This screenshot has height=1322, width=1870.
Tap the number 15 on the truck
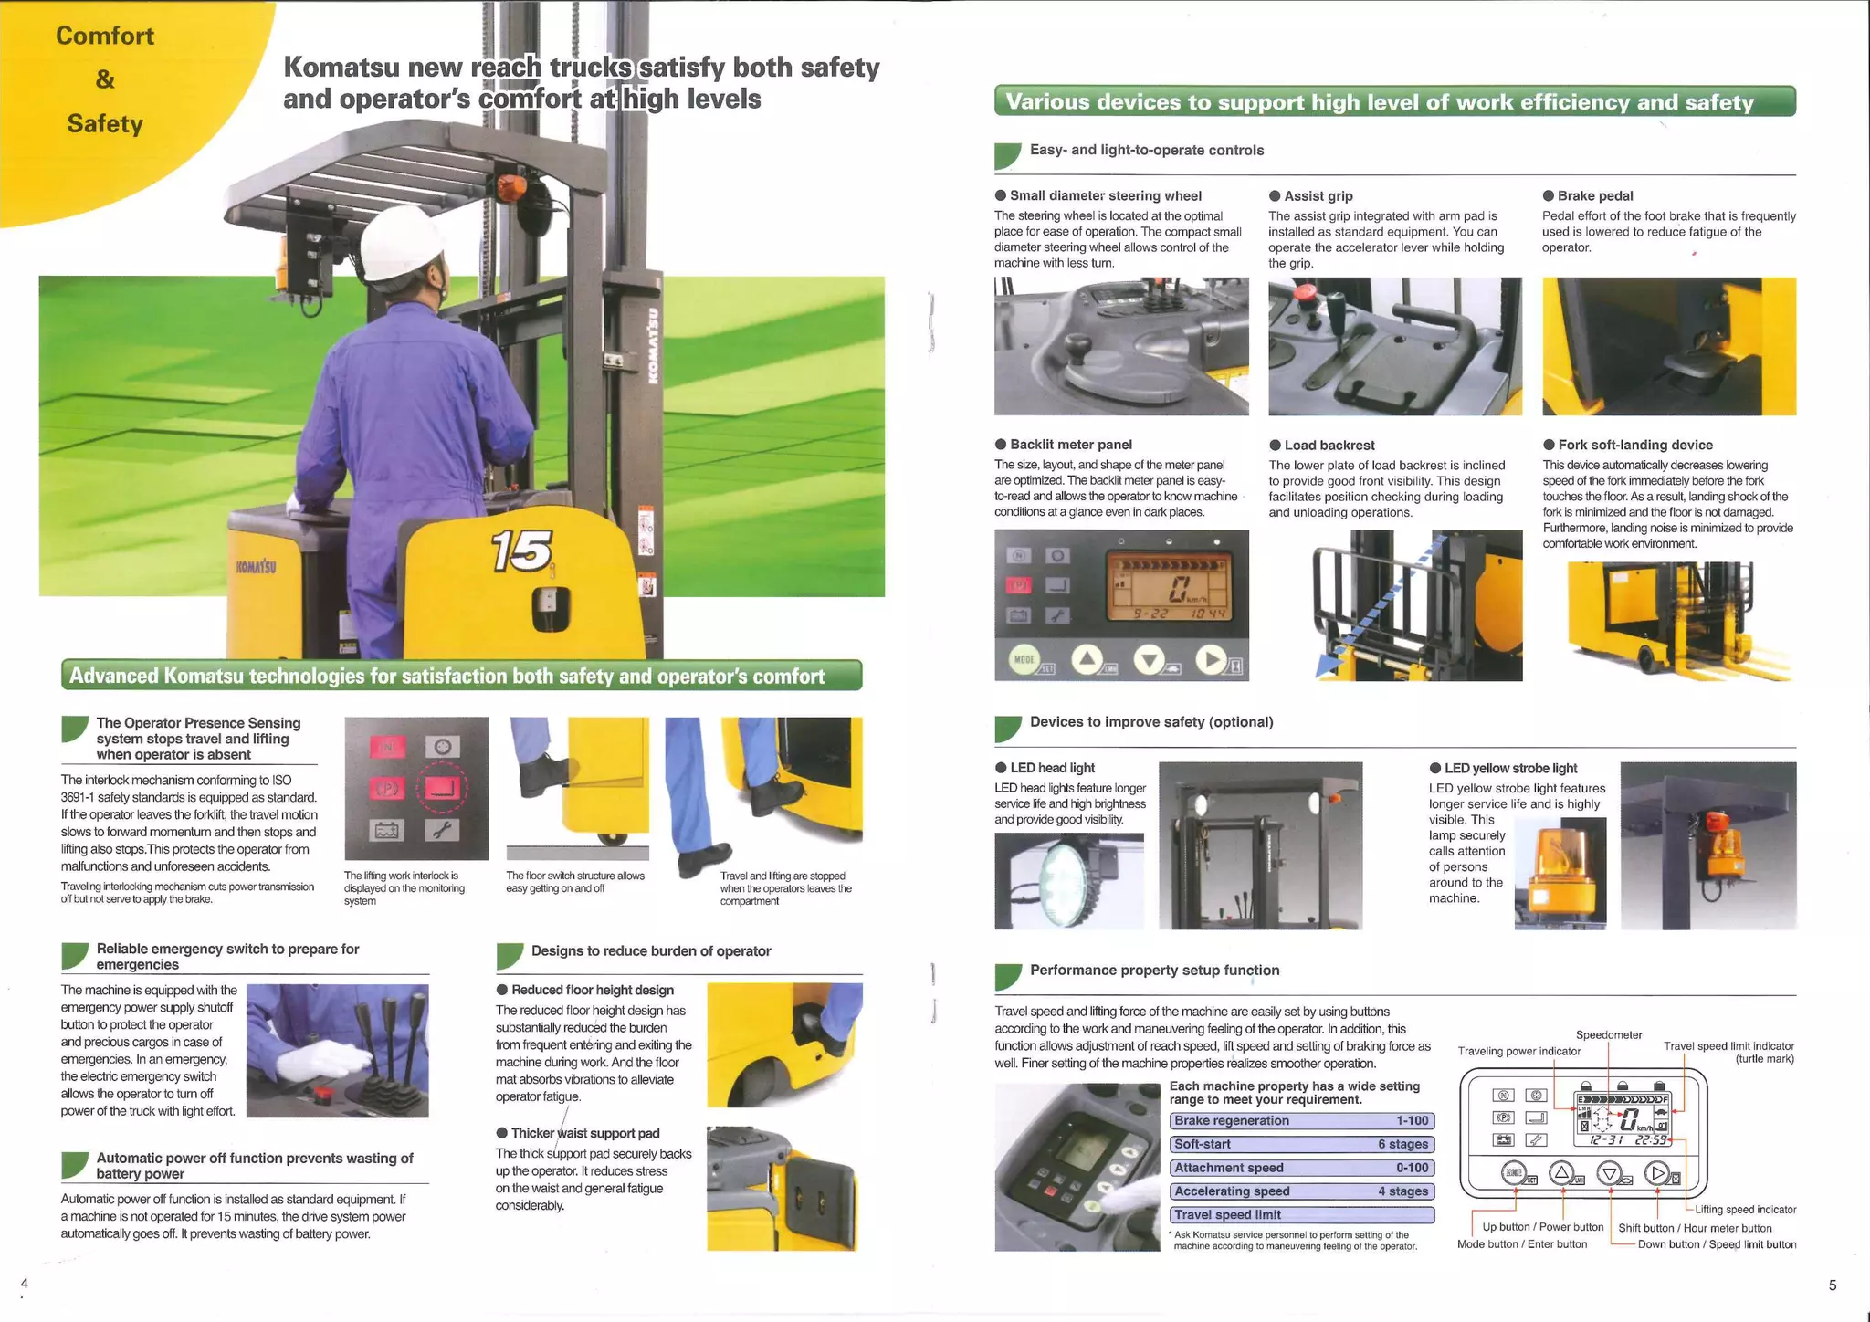click(x=521, y=551)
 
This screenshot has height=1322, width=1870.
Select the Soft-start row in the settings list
click(x=1301, y=1144)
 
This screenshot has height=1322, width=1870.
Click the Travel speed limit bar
click(x=1301, y=1214)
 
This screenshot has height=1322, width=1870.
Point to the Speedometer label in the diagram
click(x=1608, y=1034)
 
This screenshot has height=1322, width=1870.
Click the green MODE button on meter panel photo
click(x=1024, y=659)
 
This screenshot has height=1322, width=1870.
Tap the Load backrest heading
click(x=1329, y=445)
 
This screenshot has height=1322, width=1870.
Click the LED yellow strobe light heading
click(x=1509, y=768)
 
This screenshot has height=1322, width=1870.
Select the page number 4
click(x=25, y=1283)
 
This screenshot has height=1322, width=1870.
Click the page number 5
click(x=1832, y=1285)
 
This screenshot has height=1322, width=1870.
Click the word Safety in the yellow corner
click(x=105, y=123)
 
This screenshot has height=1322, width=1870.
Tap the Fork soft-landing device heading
click(x=1634, y=445)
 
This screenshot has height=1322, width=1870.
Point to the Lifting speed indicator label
click(x=1745, y=1209)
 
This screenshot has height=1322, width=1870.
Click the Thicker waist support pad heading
click(x=584, y=1133)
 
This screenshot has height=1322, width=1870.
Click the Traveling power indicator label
click(x=1518, y=1051)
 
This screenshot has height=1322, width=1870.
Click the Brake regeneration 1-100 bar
click(x=1301, y=1120)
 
